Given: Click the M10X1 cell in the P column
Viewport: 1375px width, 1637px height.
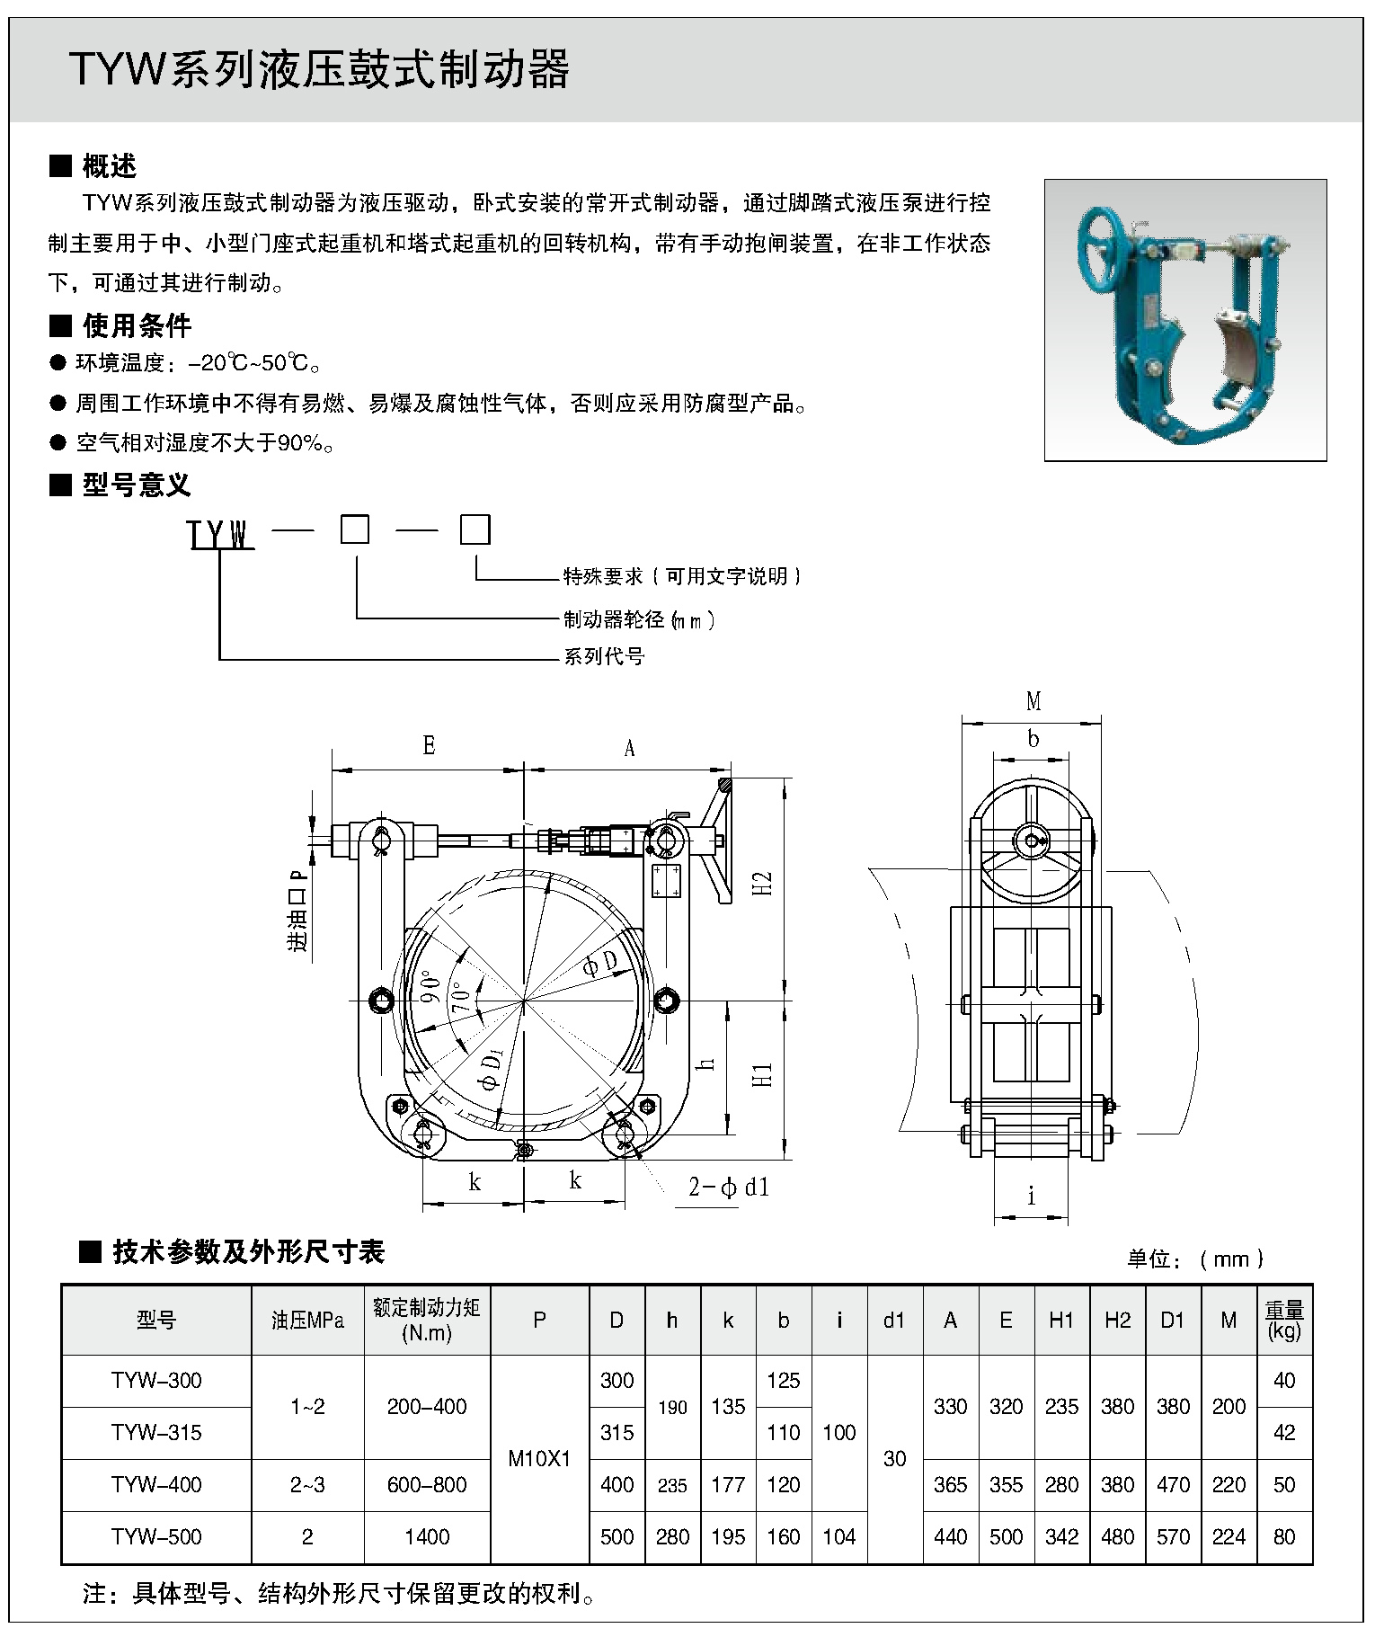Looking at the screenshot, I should (539, 1458).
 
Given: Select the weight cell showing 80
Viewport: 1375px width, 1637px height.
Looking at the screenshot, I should (1283, 1536).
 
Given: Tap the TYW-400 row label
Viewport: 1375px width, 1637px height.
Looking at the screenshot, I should (156, 1484).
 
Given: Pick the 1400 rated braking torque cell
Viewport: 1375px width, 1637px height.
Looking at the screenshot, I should (427, 1536).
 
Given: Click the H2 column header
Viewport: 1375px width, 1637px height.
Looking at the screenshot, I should (1117, 1320).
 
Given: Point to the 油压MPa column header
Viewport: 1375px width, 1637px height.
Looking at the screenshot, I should (307, 1320).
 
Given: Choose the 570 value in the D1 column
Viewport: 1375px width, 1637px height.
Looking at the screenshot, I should (1173, 1536).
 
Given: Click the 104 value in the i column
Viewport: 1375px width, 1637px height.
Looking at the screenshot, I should (838, 1536).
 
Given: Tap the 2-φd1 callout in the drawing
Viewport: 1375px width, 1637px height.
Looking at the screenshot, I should (729, 1188).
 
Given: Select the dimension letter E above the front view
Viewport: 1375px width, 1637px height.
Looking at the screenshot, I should (429, 745).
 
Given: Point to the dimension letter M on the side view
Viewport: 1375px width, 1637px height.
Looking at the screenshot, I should (1033, 701).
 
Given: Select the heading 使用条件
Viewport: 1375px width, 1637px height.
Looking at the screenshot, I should (137, 325).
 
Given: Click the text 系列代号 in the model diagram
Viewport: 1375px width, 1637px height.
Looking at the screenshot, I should (604, 656).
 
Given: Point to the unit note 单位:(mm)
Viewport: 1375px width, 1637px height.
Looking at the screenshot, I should (1195, 1259).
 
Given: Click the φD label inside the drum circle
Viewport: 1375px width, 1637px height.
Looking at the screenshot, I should (599, 965).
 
